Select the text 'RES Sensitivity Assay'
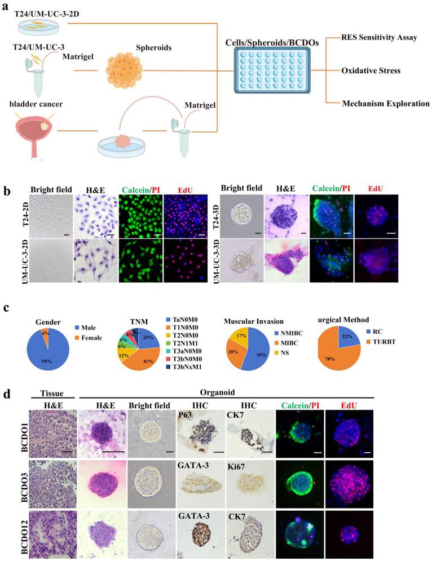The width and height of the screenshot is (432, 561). [380, 38]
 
